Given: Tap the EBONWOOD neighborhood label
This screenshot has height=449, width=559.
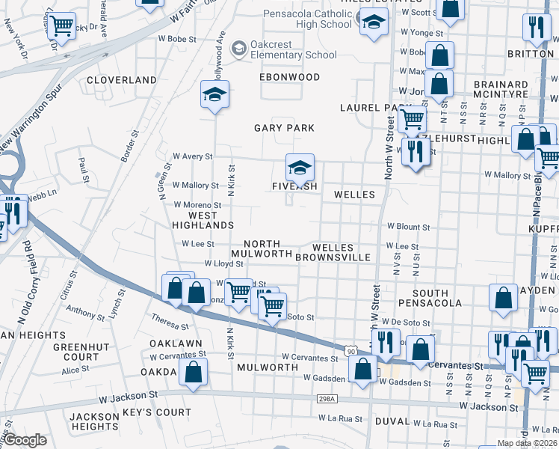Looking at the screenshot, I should [289, 77].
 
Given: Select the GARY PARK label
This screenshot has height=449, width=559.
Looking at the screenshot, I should [284, 128].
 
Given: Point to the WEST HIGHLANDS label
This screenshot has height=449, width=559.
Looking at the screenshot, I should [203, 220].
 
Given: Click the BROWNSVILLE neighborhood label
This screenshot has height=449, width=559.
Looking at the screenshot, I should [333, 257].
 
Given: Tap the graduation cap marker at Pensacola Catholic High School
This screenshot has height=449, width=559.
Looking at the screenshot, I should [371, 22].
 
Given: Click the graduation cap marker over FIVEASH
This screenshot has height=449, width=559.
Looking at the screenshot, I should [300, 168].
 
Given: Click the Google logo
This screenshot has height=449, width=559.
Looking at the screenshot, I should [25, 440].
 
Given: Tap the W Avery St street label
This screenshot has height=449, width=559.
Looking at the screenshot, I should [192, 156].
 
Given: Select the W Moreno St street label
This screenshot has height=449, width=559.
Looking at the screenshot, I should [197, 204].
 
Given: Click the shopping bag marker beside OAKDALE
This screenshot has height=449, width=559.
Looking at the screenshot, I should [194, 372].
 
